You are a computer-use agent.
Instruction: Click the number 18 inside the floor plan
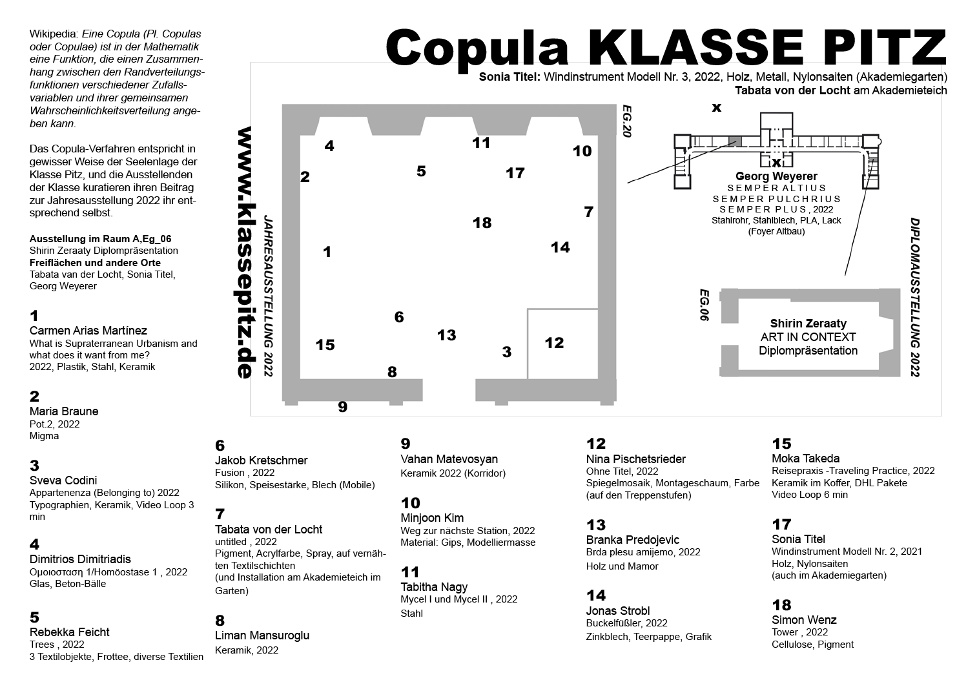pyautogui.click(x=482, y=223)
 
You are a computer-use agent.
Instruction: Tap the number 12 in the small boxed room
pyautogui.click(x=554, y=343)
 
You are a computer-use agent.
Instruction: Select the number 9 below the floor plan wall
pyautogui.click(x=342, y=407)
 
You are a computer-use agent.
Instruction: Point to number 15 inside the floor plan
pyautogui.click(x=325, y=345)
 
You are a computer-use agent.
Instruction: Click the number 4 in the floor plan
pyautogui.click(x=329, y=146)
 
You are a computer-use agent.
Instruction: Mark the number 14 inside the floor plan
pyautogui.click(x=560, y=247)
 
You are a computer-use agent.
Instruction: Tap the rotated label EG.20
pyautogui.click(x=625, y=121)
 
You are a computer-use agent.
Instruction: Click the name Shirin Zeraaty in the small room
pyautogui.click(x=808, y=324)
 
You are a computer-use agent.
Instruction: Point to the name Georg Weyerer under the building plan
pyautogui.click(x=776, y=176)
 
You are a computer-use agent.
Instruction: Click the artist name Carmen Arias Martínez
pyautogui.click(x=88, y=331)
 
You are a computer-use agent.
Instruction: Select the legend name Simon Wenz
pyautogui.click(x=804, y=620)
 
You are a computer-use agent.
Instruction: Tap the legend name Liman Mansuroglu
pyautogui.click(x=262, y=635)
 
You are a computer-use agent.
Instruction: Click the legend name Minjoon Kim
pyautogui.click(x=432, y=518)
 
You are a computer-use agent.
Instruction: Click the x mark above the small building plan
pyautogui.click(x=716, y=108)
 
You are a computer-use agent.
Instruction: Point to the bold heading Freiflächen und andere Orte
pyautogui.click(x=95, y=263)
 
